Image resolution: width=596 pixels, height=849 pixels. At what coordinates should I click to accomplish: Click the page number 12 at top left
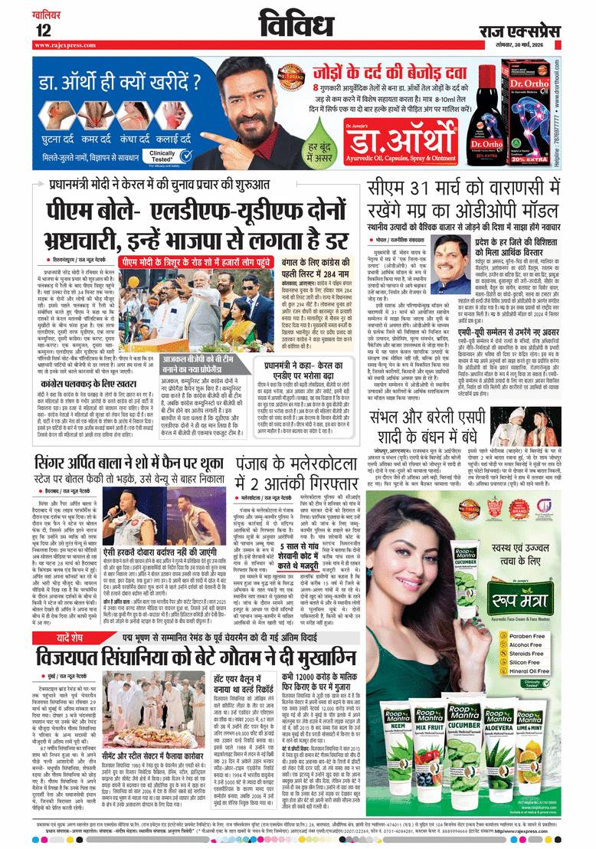click(x=42, y=30)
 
